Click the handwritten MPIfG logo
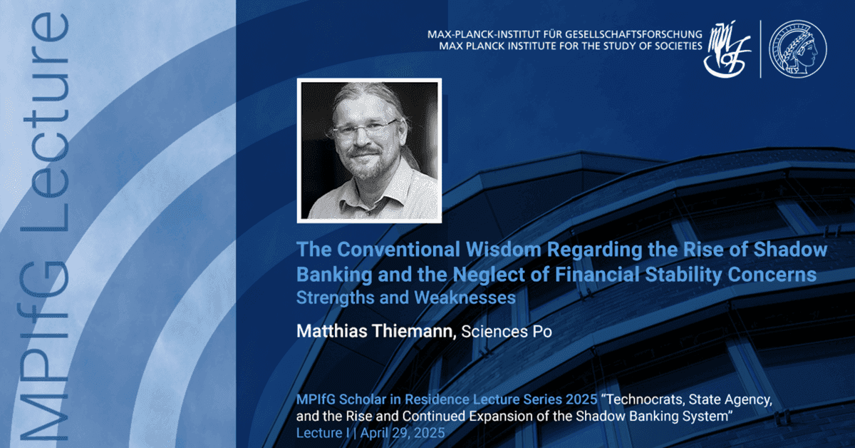[x=727, y=49]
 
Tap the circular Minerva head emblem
[x=798, y=49]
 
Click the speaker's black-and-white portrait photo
[x=370, y=151]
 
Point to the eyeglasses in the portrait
[x=366, y=129]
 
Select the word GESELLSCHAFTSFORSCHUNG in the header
[x=633, y=34]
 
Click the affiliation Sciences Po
[x=507, y=332]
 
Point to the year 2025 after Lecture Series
[x=581, y=399]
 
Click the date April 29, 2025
[x=403, y=433]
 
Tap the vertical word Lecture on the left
[x=46, y=122]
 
